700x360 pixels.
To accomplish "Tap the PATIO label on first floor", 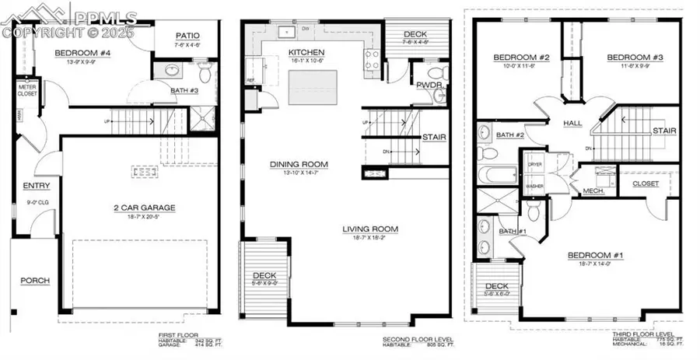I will click(x=188, y=35).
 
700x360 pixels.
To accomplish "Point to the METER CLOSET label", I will click(x=28, y=90).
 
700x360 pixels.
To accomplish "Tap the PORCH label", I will click(x=36, y=281).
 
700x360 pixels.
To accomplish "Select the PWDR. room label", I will click(x=429, y=85).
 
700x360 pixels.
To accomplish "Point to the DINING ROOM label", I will click(x=299, y=164).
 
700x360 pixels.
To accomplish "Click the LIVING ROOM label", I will click(x=370, y=229).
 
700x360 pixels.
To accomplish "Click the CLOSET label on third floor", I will click(x=645, y=183).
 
